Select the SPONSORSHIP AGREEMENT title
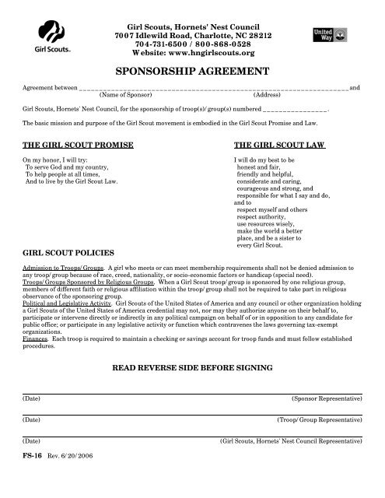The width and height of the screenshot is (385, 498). pos(192,71)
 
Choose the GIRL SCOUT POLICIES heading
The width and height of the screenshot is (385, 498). pos(68,253)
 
